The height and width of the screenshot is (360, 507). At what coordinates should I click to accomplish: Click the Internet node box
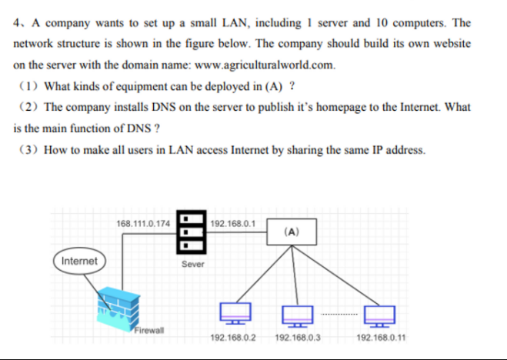pos(80,261)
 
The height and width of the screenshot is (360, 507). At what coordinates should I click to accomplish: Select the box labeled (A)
pos(292,232)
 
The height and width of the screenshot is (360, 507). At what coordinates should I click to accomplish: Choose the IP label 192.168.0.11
pos(382,338)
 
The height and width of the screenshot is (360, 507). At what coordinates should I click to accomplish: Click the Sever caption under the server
pos(193,263)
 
